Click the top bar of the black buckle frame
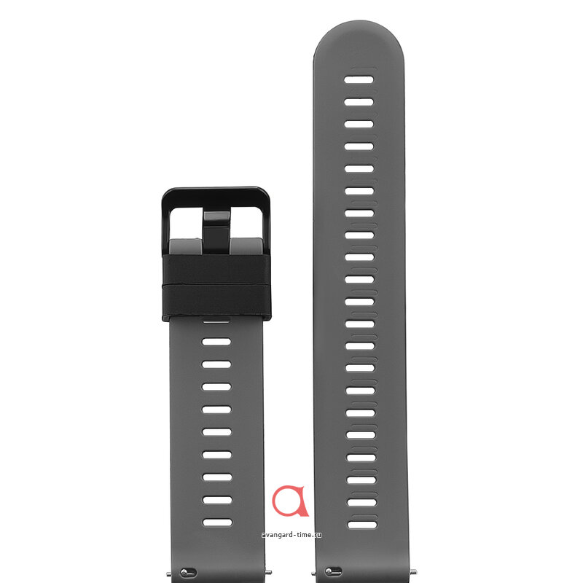(x=216, y=197)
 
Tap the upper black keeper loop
(x=216, y=270)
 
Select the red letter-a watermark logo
(x=290, y=501)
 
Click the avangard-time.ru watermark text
(x=291, y=535)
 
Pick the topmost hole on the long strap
(x=359, y=79)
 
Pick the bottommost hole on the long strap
(x=362, y=525)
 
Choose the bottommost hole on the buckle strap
(x=217, y=523)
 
